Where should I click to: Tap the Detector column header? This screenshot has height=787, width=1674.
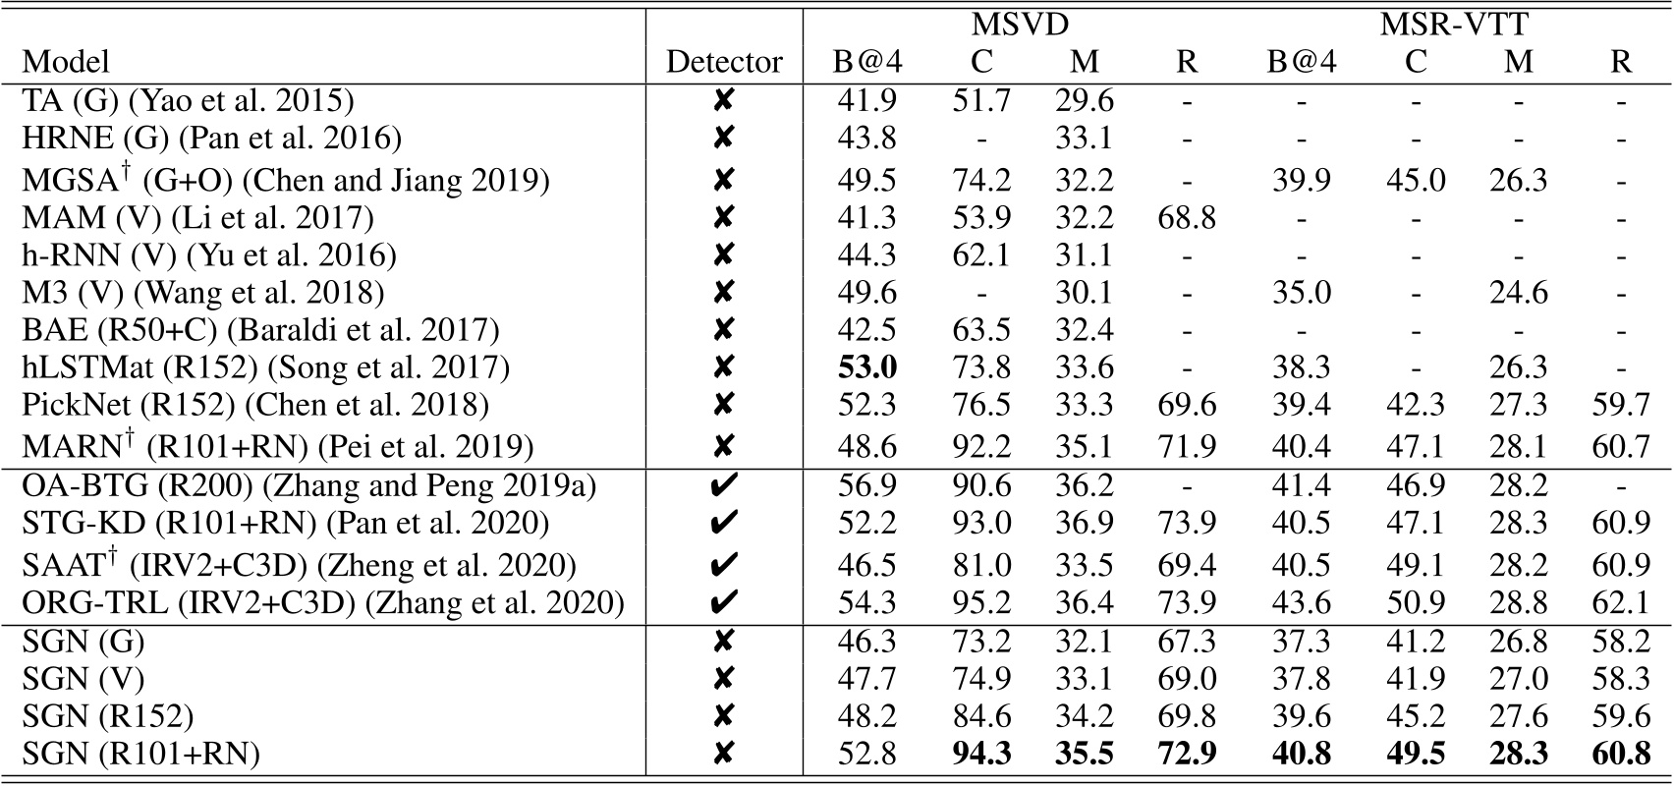coord(724,62)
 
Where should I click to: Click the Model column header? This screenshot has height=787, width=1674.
coord(65,62)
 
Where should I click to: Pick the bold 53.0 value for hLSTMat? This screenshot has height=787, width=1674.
coord(866,367)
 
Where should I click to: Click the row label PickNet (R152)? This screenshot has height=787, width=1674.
coord(255,405)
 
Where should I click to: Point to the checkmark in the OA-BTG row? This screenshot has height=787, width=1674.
coord(723,485)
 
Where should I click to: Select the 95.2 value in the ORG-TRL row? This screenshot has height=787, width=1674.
coord(980,601)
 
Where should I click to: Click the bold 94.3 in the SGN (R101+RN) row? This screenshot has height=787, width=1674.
coord(980,754)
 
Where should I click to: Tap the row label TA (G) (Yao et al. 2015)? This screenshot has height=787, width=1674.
coord(188,100)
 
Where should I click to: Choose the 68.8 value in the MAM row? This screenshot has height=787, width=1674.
coord(1187,217)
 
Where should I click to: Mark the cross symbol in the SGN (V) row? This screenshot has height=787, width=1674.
coord(723,679)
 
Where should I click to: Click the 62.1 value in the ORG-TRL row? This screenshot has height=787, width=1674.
coord(1621,601)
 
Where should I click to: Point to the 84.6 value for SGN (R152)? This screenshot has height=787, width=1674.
coord(980,716)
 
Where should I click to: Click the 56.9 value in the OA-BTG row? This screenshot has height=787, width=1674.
coord(866,485)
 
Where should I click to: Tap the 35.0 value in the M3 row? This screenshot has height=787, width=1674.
coord(1301,293)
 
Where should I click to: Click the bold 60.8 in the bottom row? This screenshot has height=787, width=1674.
coord(1621,754)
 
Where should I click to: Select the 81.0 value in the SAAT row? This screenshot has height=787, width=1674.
coord(980,565)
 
